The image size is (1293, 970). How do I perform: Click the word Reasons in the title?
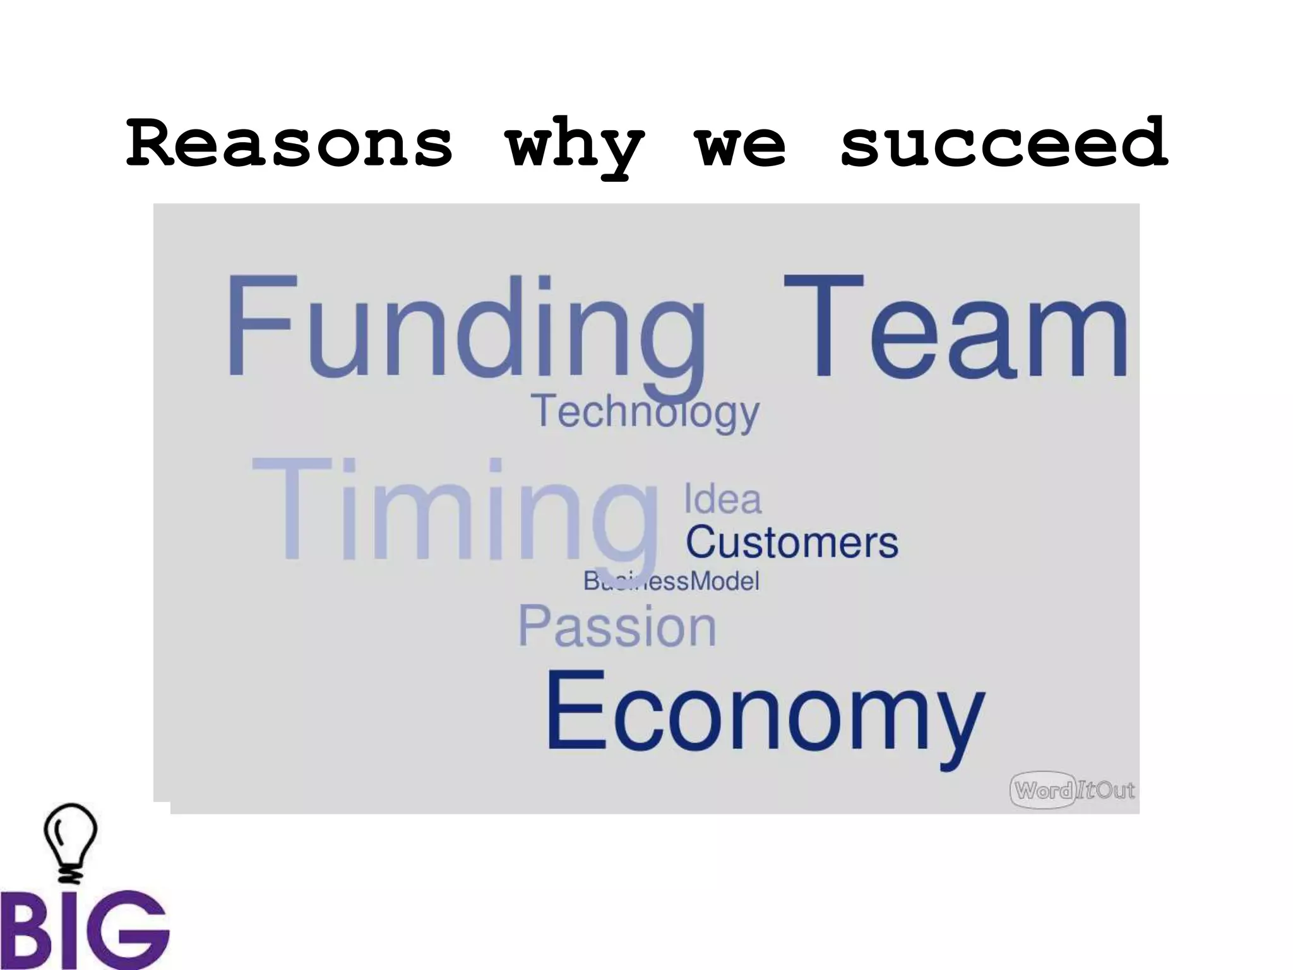click(289, 144)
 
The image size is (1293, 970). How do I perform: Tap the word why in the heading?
click(575, 147)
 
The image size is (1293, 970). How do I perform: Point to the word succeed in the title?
click(1004, 144)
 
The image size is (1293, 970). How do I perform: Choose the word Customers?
click(792, 542)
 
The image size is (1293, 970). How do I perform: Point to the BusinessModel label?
click(670, 581)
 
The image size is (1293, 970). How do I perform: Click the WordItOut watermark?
click(1072, 790)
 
